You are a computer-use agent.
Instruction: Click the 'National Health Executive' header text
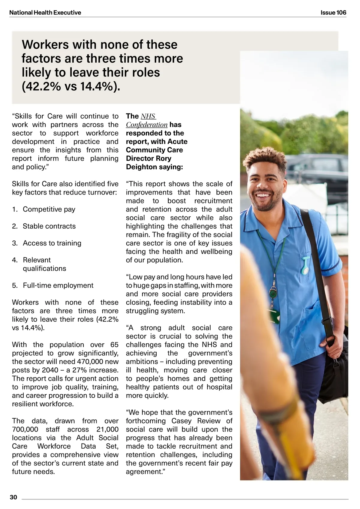45,13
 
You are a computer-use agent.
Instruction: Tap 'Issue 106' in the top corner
333,13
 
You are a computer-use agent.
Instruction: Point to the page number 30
13,497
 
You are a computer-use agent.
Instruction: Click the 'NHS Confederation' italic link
147,121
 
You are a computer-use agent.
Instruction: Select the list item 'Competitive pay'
49,209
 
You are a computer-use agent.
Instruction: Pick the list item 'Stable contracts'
49,226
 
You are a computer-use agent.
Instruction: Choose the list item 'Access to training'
52,243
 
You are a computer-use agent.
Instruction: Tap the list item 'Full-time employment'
58,285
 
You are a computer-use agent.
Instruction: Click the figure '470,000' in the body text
89,362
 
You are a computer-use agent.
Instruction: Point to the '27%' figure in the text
79,370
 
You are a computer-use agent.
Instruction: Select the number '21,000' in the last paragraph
107,429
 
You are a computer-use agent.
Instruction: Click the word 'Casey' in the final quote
183,421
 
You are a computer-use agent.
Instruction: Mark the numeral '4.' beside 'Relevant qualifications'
15,260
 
